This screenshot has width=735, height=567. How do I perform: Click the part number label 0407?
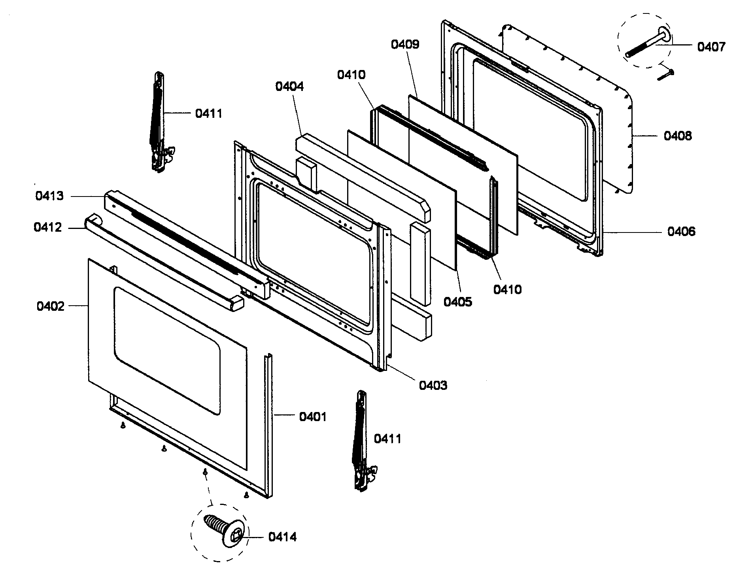pyautogui.click(x=711, y=47)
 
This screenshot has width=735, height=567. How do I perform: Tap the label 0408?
pyautogui.click(x=678, y=136)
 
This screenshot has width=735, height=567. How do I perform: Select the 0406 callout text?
pyautogui.click(x=681, y=231)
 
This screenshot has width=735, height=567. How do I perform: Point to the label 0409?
pyautogui.click(x=405, y=44)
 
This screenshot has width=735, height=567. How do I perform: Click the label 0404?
pyautogui.click(x=289, y=86)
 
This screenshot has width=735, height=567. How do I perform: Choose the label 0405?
pyautogui.click(x=457, y=302)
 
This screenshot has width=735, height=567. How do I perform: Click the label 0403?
pyautogui.click(x=433, y=385)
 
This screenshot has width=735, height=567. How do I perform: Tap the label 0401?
pyautogui.click(x=312, y=417)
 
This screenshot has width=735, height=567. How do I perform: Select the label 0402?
pyautogui.click(x=50, y=306)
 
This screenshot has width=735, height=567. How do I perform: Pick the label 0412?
pyautogui.click(x=47, y=227)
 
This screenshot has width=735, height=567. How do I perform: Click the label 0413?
pyautogui.click(x=49, y=196)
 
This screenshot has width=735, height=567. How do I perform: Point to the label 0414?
pyautogui.click(x=282, y=537)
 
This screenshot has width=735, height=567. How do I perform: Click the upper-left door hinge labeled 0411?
pyautogui.click(x=159, y=123)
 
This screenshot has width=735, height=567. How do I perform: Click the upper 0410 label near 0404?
pyautogui.click(x=351, y=74)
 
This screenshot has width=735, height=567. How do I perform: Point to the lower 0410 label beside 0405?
pyautogui.click(x=507, y=289)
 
